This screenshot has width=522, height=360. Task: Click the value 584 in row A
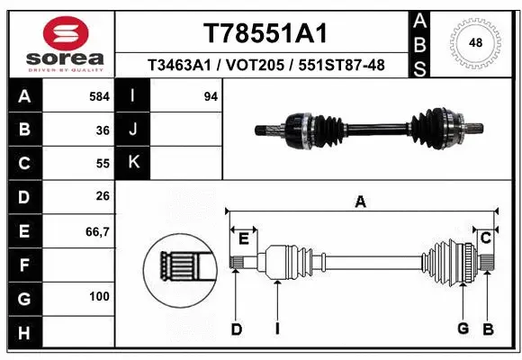tap(98, 96)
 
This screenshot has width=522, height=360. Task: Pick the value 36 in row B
tap(103, 130)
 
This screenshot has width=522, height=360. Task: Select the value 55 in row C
tap(103, 164)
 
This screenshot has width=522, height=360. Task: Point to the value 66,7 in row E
tap(96, 231)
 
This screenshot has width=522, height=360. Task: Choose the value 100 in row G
tap(99, 296)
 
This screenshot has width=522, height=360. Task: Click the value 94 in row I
tap(211, 96)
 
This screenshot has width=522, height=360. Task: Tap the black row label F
tap(22, 265)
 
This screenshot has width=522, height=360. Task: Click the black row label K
tap(133, 164)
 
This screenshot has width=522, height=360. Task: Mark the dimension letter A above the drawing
tap(361, 202)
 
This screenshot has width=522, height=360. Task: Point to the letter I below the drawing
tap(277, 328)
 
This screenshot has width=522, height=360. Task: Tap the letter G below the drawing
tap(463, 328)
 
